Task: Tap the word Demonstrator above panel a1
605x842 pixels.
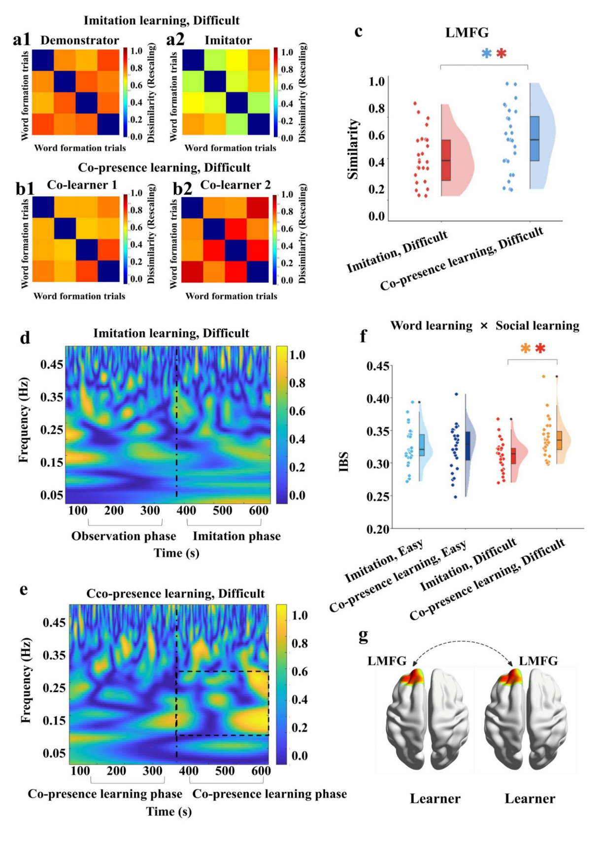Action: point(80,40)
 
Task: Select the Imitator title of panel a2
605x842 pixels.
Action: point(228,40)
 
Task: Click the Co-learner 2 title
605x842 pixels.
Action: point(235,185)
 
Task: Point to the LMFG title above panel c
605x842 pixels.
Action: point(467,33)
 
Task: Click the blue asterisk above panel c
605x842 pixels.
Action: point(486,53)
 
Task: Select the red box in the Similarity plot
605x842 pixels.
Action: point(446,160)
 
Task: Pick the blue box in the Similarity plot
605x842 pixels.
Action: point(535,139)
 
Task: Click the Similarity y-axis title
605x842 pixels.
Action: point(353,149)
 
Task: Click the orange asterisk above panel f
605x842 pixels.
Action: point(526,349)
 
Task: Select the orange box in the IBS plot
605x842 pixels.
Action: point(559,440)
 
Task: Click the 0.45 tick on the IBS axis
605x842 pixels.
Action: point(378,366)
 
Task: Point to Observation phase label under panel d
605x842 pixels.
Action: point(124,536)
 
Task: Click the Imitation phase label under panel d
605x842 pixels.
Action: point(236,536)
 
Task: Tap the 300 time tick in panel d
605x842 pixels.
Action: point(150,510)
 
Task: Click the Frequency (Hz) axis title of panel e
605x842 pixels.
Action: point(26,681)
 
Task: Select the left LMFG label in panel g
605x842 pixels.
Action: point(387,661)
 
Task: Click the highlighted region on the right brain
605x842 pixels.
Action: point(510,677)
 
